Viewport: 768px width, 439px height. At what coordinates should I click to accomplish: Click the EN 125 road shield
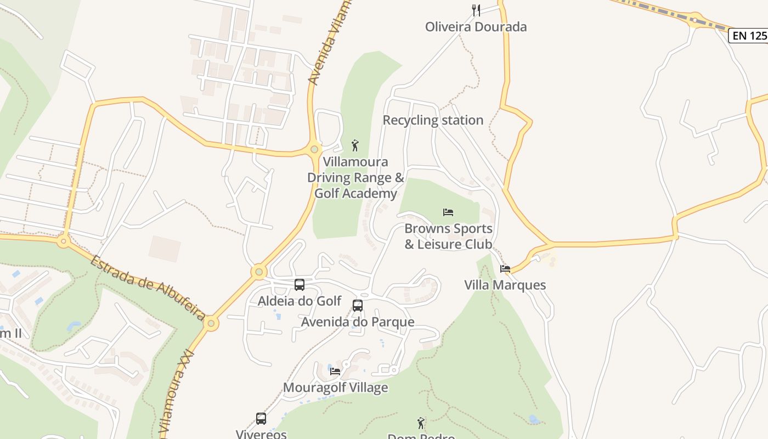click(x=749, y=36)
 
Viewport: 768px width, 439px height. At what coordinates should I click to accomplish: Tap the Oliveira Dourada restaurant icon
click(x=476, y=10)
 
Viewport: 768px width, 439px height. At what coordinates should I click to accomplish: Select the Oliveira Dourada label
click(x=476, y=27)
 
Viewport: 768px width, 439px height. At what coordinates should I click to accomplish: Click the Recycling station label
click(x=433, y=120)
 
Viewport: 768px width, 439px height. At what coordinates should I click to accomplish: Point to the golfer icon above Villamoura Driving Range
click(x=355, y=145)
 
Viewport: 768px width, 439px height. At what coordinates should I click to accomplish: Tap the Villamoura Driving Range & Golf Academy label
click(x=355, y=178)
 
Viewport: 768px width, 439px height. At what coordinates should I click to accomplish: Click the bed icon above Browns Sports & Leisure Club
click(x=448, y=212)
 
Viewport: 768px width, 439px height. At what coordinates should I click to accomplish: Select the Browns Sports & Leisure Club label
click(x=448, y=237)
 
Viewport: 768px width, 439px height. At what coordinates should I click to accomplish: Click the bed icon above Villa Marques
click(x=505, y=268)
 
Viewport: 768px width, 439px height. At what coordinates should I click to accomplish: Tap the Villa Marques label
click(x=505, y=285)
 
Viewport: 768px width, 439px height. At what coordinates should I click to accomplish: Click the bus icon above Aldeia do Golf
click(x=300, y=285)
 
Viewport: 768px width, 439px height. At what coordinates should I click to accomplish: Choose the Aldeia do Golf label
click(x=300, y=301)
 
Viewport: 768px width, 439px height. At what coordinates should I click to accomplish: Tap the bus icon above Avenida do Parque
click(x=358, y=306)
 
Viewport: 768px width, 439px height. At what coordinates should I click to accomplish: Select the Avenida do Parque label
click(x=358, y=322)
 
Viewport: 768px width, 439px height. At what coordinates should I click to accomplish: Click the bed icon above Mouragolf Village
click(x=335, y=371)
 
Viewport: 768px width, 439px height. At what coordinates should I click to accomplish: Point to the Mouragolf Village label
click(x=335, y=388)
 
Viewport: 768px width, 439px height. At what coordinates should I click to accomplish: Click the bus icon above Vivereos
click(x=261, y=419)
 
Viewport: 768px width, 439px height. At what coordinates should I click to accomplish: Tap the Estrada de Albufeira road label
click(x=148, y=288)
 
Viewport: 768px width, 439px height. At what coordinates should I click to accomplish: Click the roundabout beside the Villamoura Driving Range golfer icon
click(x=314, y=149)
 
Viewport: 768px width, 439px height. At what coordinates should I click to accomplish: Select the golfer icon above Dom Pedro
click(x=421, y=423)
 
